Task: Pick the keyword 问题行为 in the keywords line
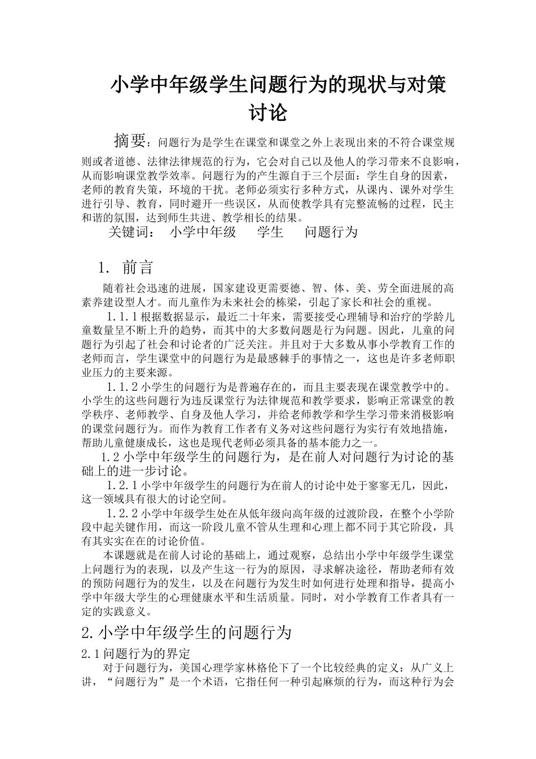(331, 232)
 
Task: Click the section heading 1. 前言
(125, 267)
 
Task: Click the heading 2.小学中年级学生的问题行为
(186, 632)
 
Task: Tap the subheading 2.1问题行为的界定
(136, 655)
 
